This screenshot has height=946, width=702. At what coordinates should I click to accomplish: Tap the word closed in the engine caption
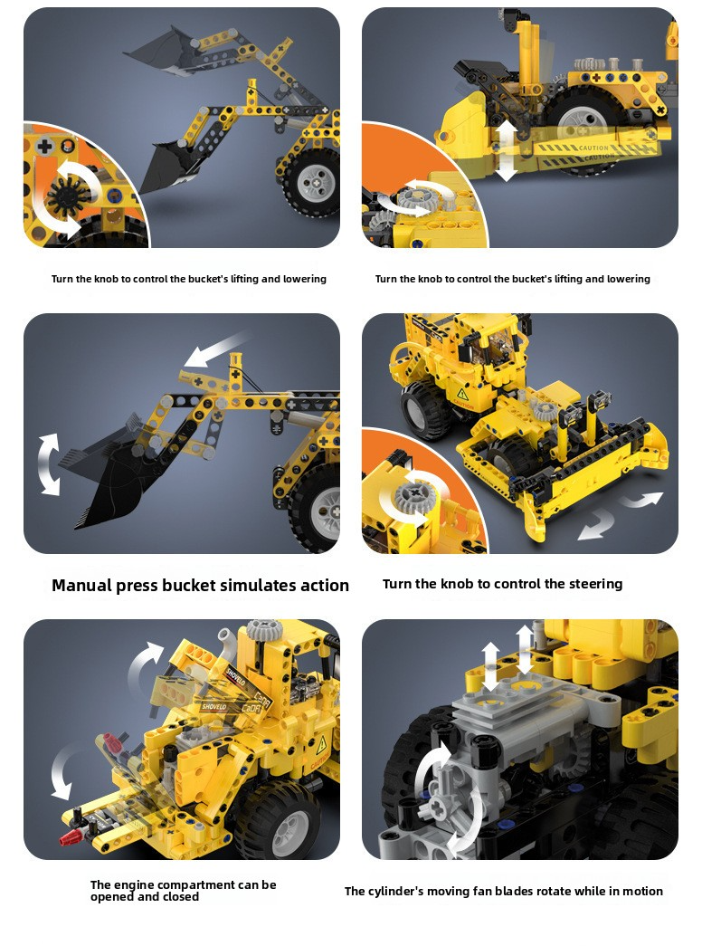point(180,896)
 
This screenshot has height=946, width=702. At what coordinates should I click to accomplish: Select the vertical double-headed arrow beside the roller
point(506,150)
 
